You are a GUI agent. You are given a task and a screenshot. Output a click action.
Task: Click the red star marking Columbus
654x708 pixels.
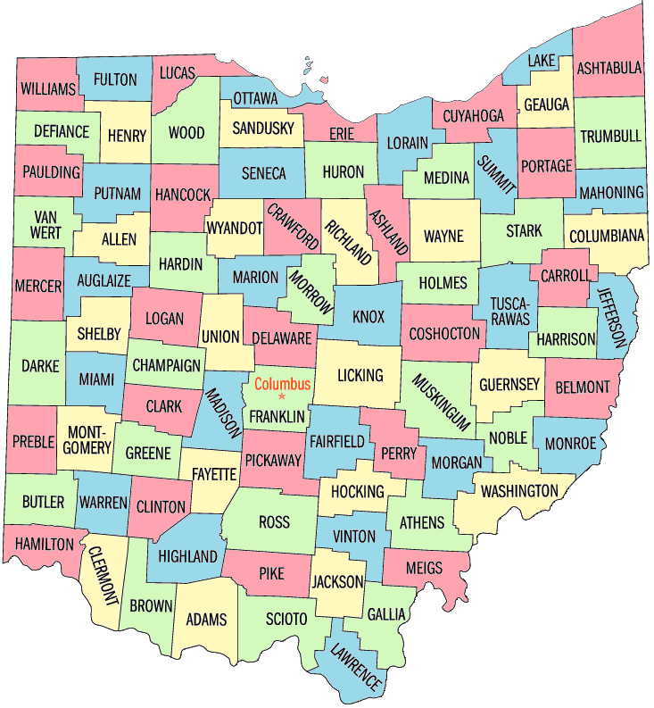click(282, 396)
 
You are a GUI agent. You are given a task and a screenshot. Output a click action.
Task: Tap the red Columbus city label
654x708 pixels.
click(282, 384)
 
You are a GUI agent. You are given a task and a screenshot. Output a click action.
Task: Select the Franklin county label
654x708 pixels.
click(277, 416)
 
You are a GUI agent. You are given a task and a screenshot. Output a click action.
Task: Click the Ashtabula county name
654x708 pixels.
click(609, 68)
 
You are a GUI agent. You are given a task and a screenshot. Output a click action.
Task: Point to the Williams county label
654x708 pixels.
click(47, 89)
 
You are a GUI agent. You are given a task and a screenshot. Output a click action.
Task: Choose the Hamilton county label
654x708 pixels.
click(44, 544)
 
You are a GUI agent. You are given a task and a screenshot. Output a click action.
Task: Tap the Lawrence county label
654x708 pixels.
click(356, 666)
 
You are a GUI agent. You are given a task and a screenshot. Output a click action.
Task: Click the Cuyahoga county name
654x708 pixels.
click(474, 116)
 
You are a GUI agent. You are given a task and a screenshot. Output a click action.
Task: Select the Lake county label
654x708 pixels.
click(542, 61)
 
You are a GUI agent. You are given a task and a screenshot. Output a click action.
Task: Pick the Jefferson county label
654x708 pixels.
click(611, 317)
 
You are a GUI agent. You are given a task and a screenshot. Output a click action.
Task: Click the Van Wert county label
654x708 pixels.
click(47, 224)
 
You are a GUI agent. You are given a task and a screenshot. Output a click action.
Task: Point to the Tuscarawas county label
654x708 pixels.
click(509, 308)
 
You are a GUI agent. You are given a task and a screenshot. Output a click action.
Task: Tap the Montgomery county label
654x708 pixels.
click(87, 438)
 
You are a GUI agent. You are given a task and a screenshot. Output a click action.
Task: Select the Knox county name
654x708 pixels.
click(368, 317)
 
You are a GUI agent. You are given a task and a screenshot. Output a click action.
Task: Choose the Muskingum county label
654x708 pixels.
click(440, 402)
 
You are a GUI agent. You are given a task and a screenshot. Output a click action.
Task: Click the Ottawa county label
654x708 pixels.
click(255, 97)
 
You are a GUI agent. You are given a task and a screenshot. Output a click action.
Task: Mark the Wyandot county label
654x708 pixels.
click(235, 227)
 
